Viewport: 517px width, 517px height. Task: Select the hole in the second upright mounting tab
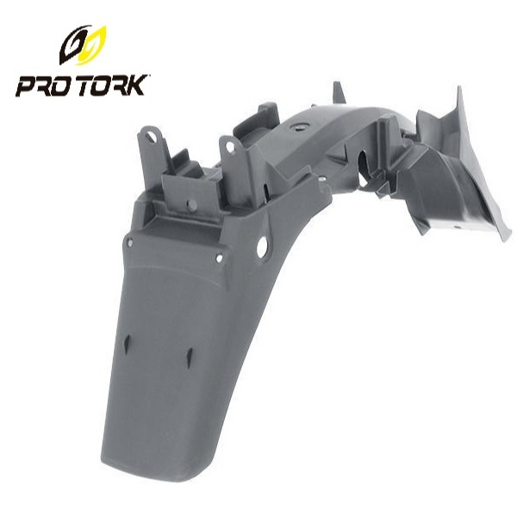pyautogui.click(x=230, y=146)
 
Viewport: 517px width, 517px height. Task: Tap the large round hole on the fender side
pyautogui.click(x=262, y=247)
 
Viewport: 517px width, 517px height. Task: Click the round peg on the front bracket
pyautogui.click(x=191, y=205)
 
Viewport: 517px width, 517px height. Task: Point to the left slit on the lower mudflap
pyautogui.click(x=127, y=344)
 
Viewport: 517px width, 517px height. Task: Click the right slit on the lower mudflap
pyautogui.click(x=189, y=357)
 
